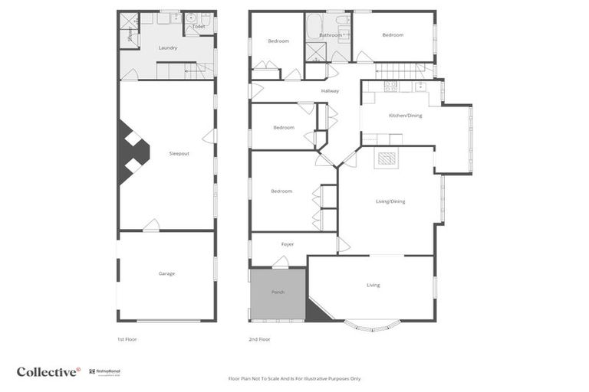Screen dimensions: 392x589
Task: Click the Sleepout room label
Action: click(x=179, y=154)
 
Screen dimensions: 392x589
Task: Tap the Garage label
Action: click(x=166, y=273)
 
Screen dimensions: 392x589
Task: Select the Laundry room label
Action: click(x=168, y=48)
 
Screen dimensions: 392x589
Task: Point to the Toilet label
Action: click(x=199, y=27)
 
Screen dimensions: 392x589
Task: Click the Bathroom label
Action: click(x=331, y=34)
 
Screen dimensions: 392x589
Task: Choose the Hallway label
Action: click(x=331, y=91)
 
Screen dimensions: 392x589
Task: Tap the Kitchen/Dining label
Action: click(x=405, y=116)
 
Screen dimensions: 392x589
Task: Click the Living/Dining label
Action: click(x=390, y=201)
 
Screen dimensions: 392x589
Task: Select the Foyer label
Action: click(x=288, y=244)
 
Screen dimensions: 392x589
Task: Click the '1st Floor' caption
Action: click(x=127, y=339)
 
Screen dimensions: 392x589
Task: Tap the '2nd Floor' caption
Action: click(x=259, y=339)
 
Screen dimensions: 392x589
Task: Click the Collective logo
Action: click(x=48, y=372)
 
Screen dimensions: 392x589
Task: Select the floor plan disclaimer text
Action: click(x=294, y=378)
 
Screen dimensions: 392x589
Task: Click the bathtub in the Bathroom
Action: click(x=314, y=28)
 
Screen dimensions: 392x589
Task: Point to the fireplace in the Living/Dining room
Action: click(x=386, y=159)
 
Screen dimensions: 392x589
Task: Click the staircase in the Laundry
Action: click(x=199, y=70)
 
